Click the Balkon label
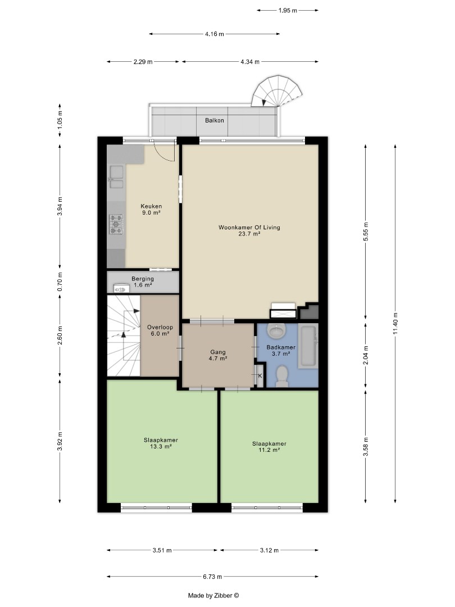pyautogui.click(x=215, y=120)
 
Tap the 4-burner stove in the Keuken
pyautogui.click(x=116, y=224)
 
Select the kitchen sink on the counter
pyautogui.click(x=116, y=177)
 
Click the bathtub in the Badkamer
pyautogui.click(x=308, y=346)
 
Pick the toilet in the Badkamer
pyautogui.click(x=282, y=377)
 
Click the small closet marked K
pyautogui.click(x=260, y=375)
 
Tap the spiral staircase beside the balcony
pyautogui.click(x=276, y=92)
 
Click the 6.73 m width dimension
pyautogui.click(x=212, y=577)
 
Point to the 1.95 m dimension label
pyautogui.click(x=288, y=11)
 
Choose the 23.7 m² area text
pyautogui.click(x=249, y=233)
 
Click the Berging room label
pyautogui.click(x=143, y=279)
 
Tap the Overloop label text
pyautogui.click(x=160, y=327)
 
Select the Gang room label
pyautogui.click(x=218, y=352)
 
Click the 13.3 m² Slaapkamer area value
pyautogui.click(x=161, y=446)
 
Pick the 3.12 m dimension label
pyautogui.click(x=269, y=550)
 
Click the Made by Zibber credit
pyautogui.click(x=213, y=595)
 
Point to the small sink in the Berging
pyautogui.click(x=121, y=288)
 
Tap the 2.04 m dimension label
pyautogui.click(x=366, y=355)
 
